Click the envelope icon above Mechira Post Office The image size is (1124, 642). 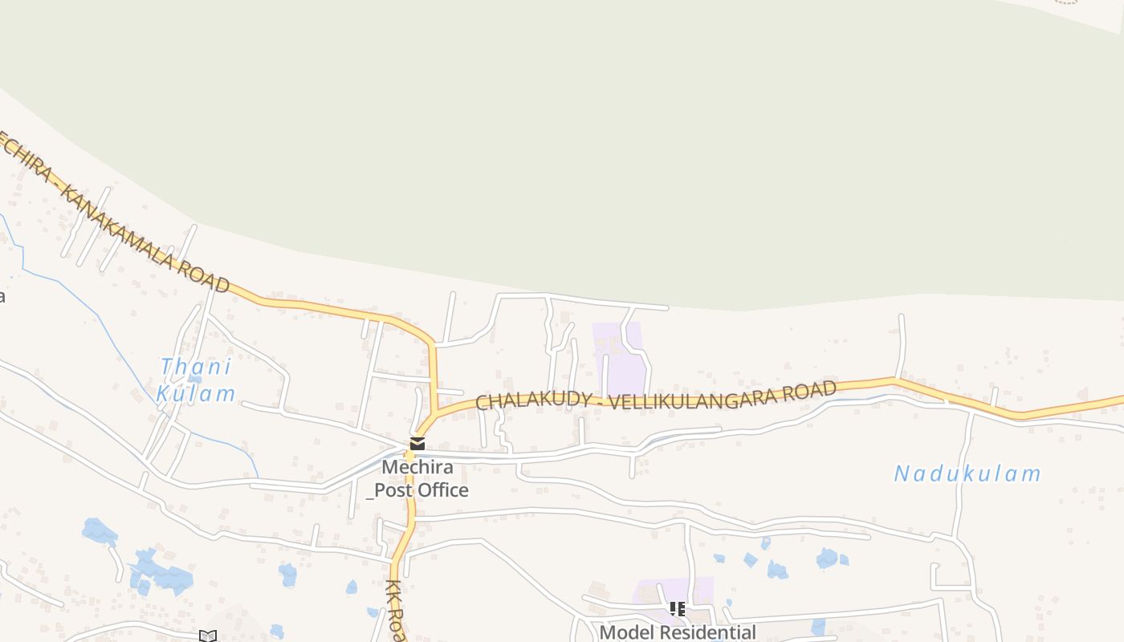[417, 443]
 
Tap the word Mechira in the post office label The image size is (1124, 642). [417, 467]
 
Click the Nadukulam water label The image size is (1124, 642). [967, 473]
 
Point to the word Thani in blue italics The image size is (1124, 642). [195, 368]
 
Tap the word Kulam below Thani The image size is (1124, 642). [196, 393]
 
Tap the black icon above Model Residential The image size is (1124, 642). [677, 609]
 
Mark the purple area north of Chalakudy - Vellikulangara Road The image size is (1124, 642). [620, 357]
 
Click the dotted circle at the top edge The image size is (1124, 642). [1066, 2]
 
